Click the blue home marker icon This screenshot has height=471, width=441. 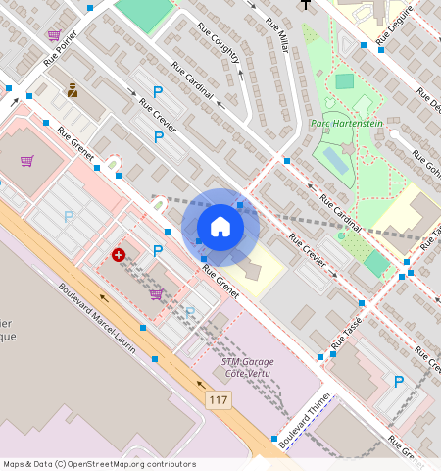point(220,227)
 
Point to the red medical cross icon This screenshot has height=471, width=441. point(119,255)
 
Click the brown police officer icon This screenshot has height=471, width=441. point(73,91)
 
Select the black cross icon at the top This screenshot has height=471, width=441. point(306,4)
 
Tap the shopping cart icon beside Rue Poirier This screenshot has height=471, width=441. point(53,34)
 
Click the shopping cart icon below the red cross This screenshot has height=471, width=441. point(155,293)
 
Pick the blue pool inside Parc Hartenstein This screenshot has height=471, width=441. point(333,159)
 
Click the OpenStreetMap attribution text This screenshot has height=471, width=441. point(99,464)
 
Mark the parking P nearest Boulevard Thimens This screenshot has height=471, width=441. point(398,381)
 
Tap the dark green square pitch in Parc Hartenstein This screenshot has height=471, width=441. point(344,81)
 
